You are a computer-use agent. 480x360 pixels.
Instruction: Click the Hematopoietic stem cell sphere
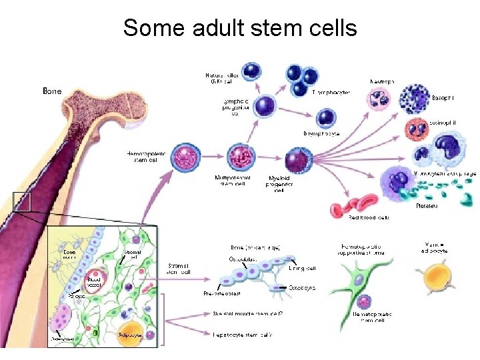click(x=185, y=158)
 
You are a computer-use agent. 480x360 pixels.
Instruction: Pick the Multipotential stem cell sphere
click(x=241, y=158)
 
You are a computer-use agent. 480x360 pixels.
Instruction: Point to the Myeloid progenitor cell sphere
click(x=298, y=161)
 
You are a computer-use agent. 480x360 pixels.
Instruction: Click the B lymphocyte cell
click(x=326, y=119)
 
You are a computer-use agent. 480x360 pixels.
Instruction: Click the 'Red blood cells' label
click(x=369, y=217)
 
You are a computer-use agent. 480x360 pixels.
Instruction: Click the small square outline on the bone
click(x=22, y=202)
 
